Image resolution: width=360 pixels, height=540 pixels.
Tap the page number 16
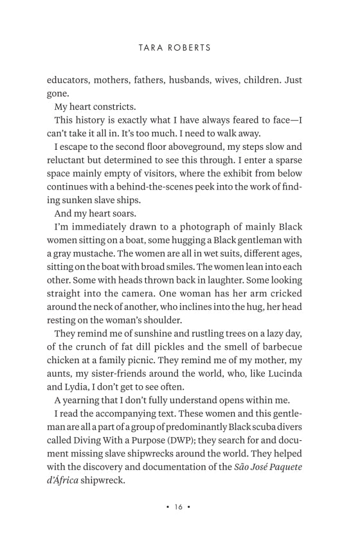tap(177, 507)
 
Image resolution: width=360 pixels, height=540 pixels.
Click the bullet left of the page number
tap(167, 507)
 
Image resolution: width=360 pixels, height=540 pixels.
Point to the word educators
tap(70, 80)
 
